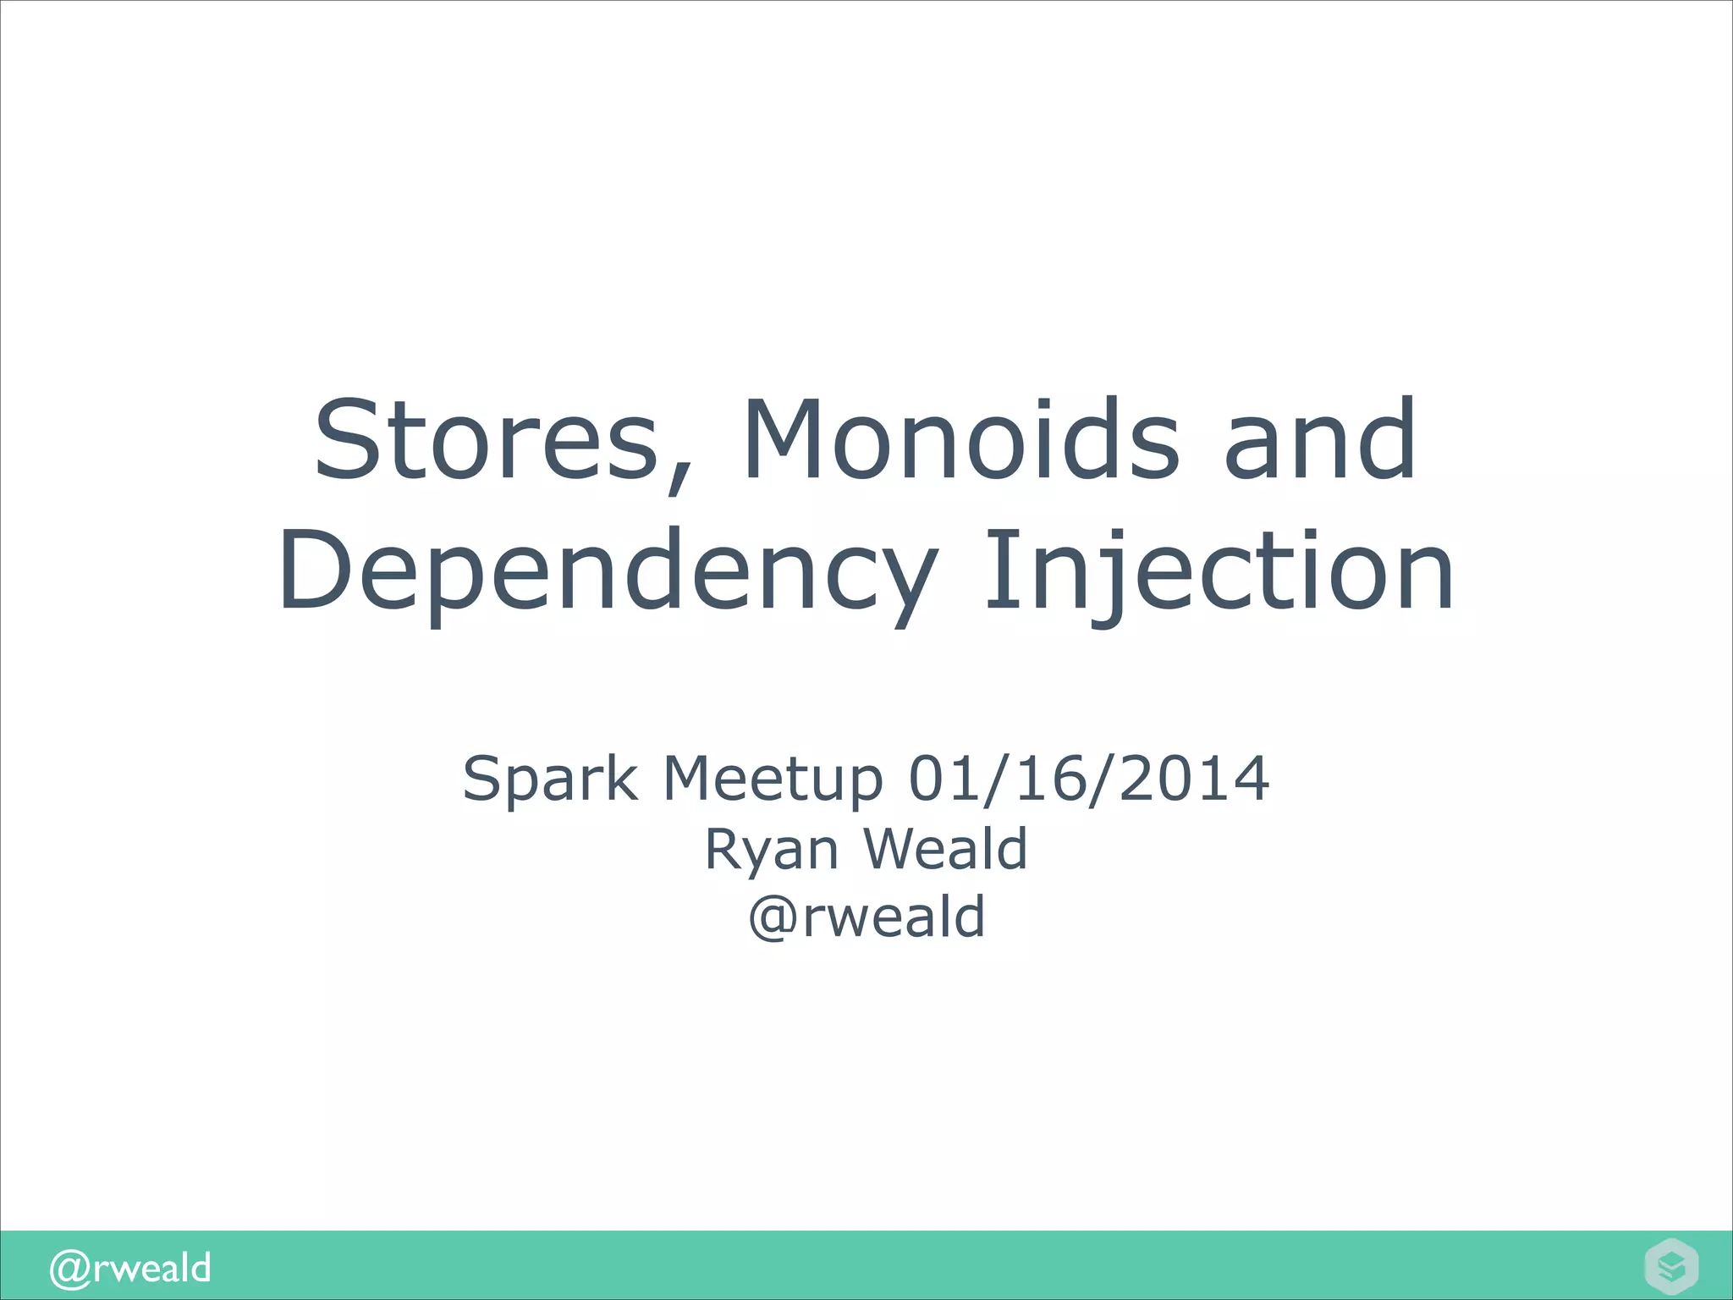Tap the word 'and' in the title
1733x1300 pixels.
[1320, 440]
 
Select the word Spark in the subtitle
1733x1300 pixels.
[550, 778]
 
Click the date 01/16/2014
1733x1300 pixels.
[1088, 778]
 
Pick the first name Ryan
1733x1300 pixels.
[771, 849]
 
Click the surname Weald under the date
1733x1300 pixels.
[945, 849]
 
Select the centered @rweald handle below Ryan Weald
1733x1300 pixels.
[866, 917]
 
